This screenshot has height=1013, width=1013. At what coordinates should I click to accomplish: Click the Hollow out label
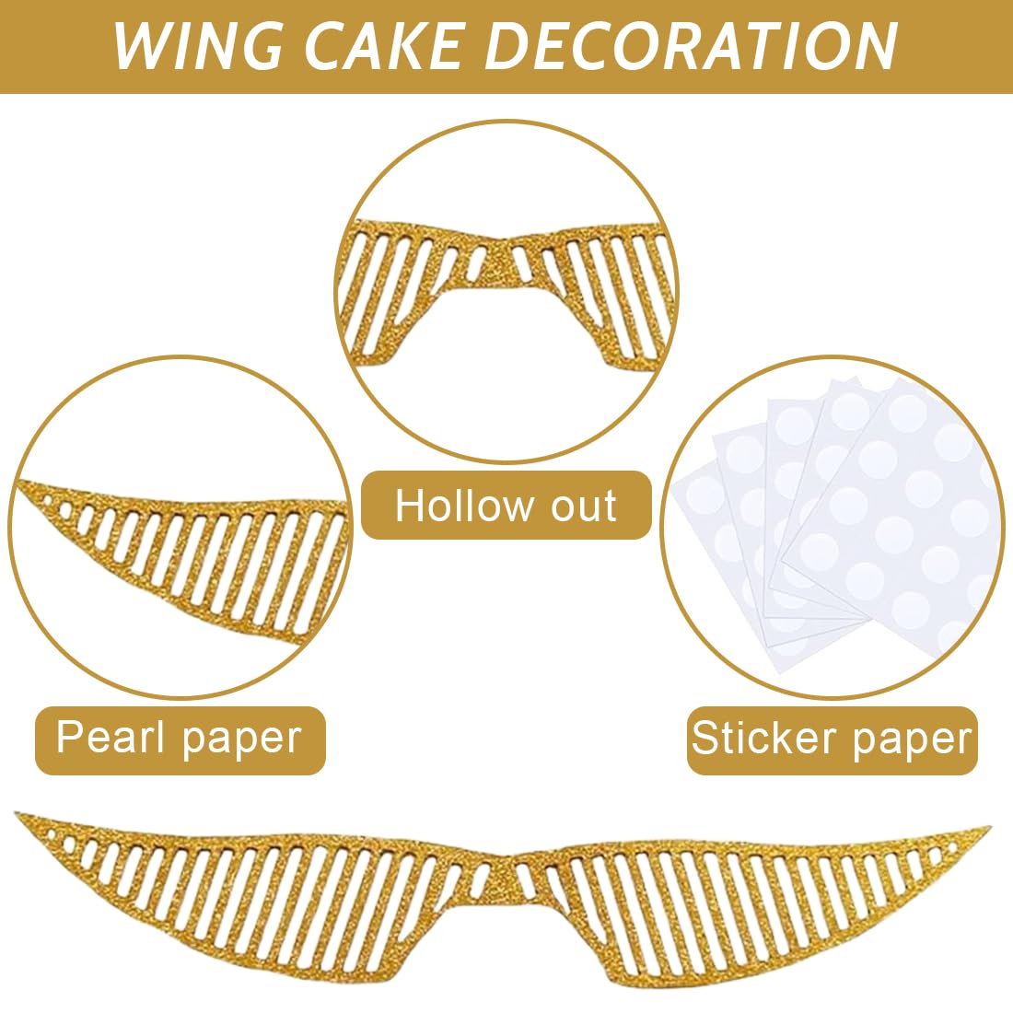click(x=506, y=506)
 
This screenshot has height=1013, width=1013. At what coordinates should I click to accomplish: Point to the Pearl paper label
click(x=180, y=739)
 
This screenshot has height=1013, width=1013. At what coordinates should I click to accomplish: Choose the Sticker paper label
click(x=832, y=739)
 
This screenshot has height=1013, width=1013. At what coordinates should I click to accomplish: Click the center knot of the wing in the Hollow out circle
click(x=498, y=260)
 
